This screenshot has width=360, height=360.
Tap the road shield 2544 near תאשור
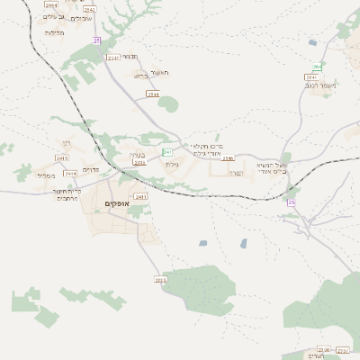pyautogui.click(x=153, y=94)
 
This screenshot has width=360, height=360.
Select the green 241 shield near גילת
pyautogui.click(x=166, y=152)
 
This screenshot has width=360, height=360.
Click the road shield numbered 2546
pyautogui.click(x=229, y=158)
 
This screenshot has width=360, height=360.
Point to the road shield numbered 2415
pyautogui.click(x=62, y=158)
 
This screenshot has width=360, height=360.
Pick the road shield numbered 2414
pyautogui.click(x=70, y=173)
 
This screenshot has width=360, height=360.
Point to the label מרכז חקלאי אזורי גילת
pyautogui.click(x=207, y=148)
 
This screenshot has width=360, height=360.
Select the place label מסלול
pyautogui.click(x=47, y=175)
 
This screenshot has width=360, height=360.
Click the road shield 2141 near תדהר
pyautogui.click(x=113, y=58)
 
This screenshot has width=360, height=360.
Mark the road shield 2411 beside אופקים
pyautogui.click(x=140, y=196)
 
